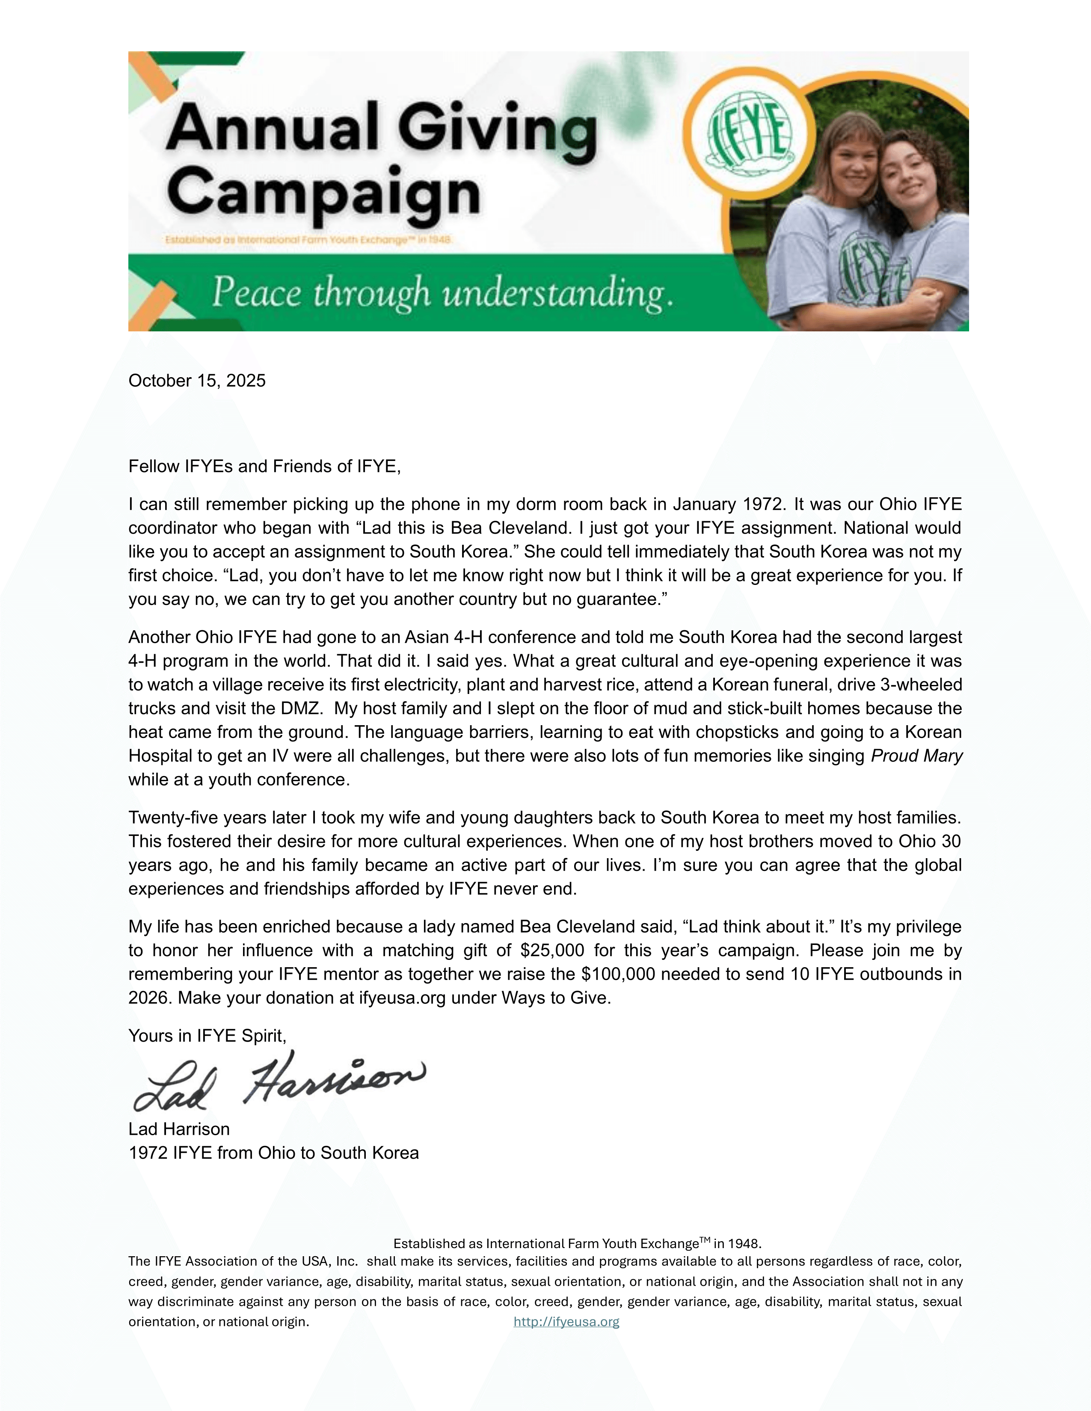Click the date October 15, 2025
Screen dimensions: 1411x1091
197,381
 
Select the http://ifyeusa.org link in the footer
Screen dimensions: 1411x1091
566,1322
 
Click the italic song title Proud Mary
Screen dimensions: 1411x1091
916,756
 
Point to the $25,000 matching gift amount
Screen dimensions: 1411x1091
552,951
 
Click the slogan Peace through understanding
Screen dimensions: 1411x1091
443,292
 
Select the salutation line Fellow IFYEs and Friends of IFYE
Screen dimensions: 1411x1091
264,466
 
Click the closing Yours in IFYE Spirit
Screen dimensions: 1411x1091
207,1036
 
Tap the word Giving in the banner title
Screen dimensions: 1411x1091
496,129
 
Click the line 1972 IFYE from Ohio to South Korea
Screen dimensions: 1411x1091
273,1153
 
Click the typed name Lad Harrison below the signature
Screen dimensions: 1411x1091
179,1129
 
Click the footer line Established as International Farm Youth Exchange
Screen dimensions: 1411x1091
577,1244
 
